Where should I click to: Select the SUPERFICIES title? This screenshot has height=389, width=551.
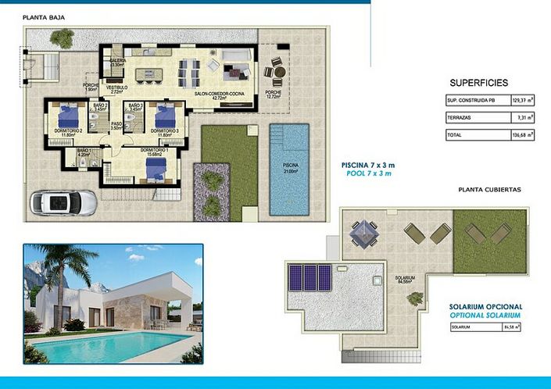[479, 82]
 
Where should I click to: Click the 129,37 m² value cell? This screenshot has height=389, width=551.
[522, 101]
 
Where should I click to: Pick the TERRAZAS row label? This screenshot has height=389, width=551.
[460, 117]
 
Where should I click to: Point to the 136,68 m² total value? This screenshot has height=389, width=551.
[522, 134]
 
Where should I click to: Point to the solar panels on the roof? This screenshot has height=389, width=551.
[310, 276]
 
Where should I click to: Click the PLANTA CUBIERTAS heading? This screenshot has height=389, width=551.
[489, 190]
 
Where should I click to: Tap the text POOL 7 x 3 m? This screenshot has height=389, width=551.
[366, 173]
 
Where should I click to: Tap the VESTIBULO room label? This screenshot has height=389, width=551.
[116, 88]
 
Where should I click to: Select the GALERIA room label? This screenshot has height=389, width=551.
[118, 62]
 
